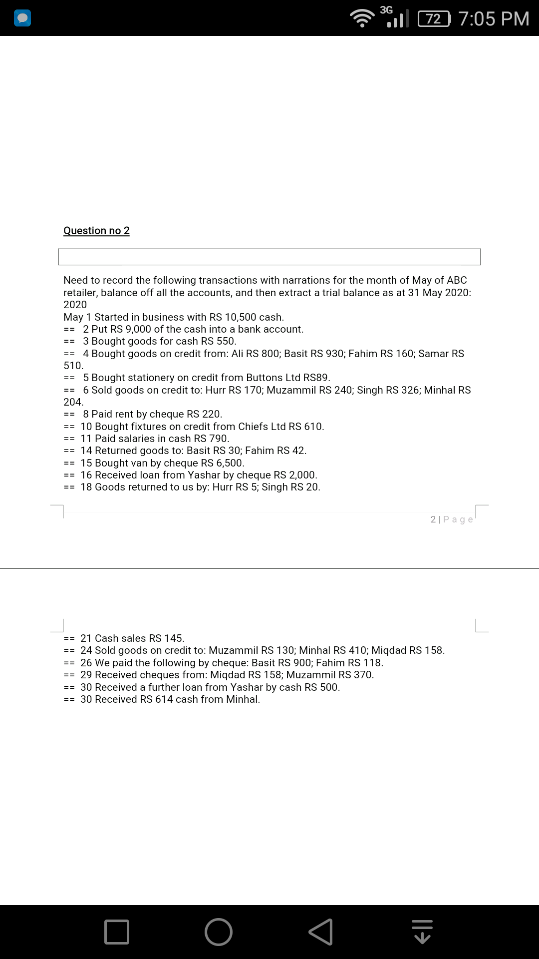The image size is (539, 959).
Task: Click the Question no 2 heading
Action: pos(96,230)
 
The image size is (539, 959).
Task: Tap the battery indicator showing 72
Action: pos(434,19)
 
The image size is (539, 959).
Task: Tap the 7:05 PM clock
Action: pos(493,19)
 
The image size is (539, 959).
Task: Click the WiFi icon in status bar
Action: pos(362,19)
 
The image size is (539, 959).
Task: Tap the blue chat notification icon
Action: pos(23,18)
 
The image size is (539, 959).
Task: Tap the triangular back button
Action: pos(321,932)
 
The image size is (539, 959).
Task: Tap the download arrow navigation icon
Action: pos(422,932)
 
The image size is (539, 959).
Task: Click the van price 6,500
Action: pos(229,463)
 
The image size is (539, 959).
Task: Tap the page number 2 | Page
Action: pos(452,519)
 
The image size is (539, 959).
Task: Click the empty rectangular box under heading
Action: pos(269,257)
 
